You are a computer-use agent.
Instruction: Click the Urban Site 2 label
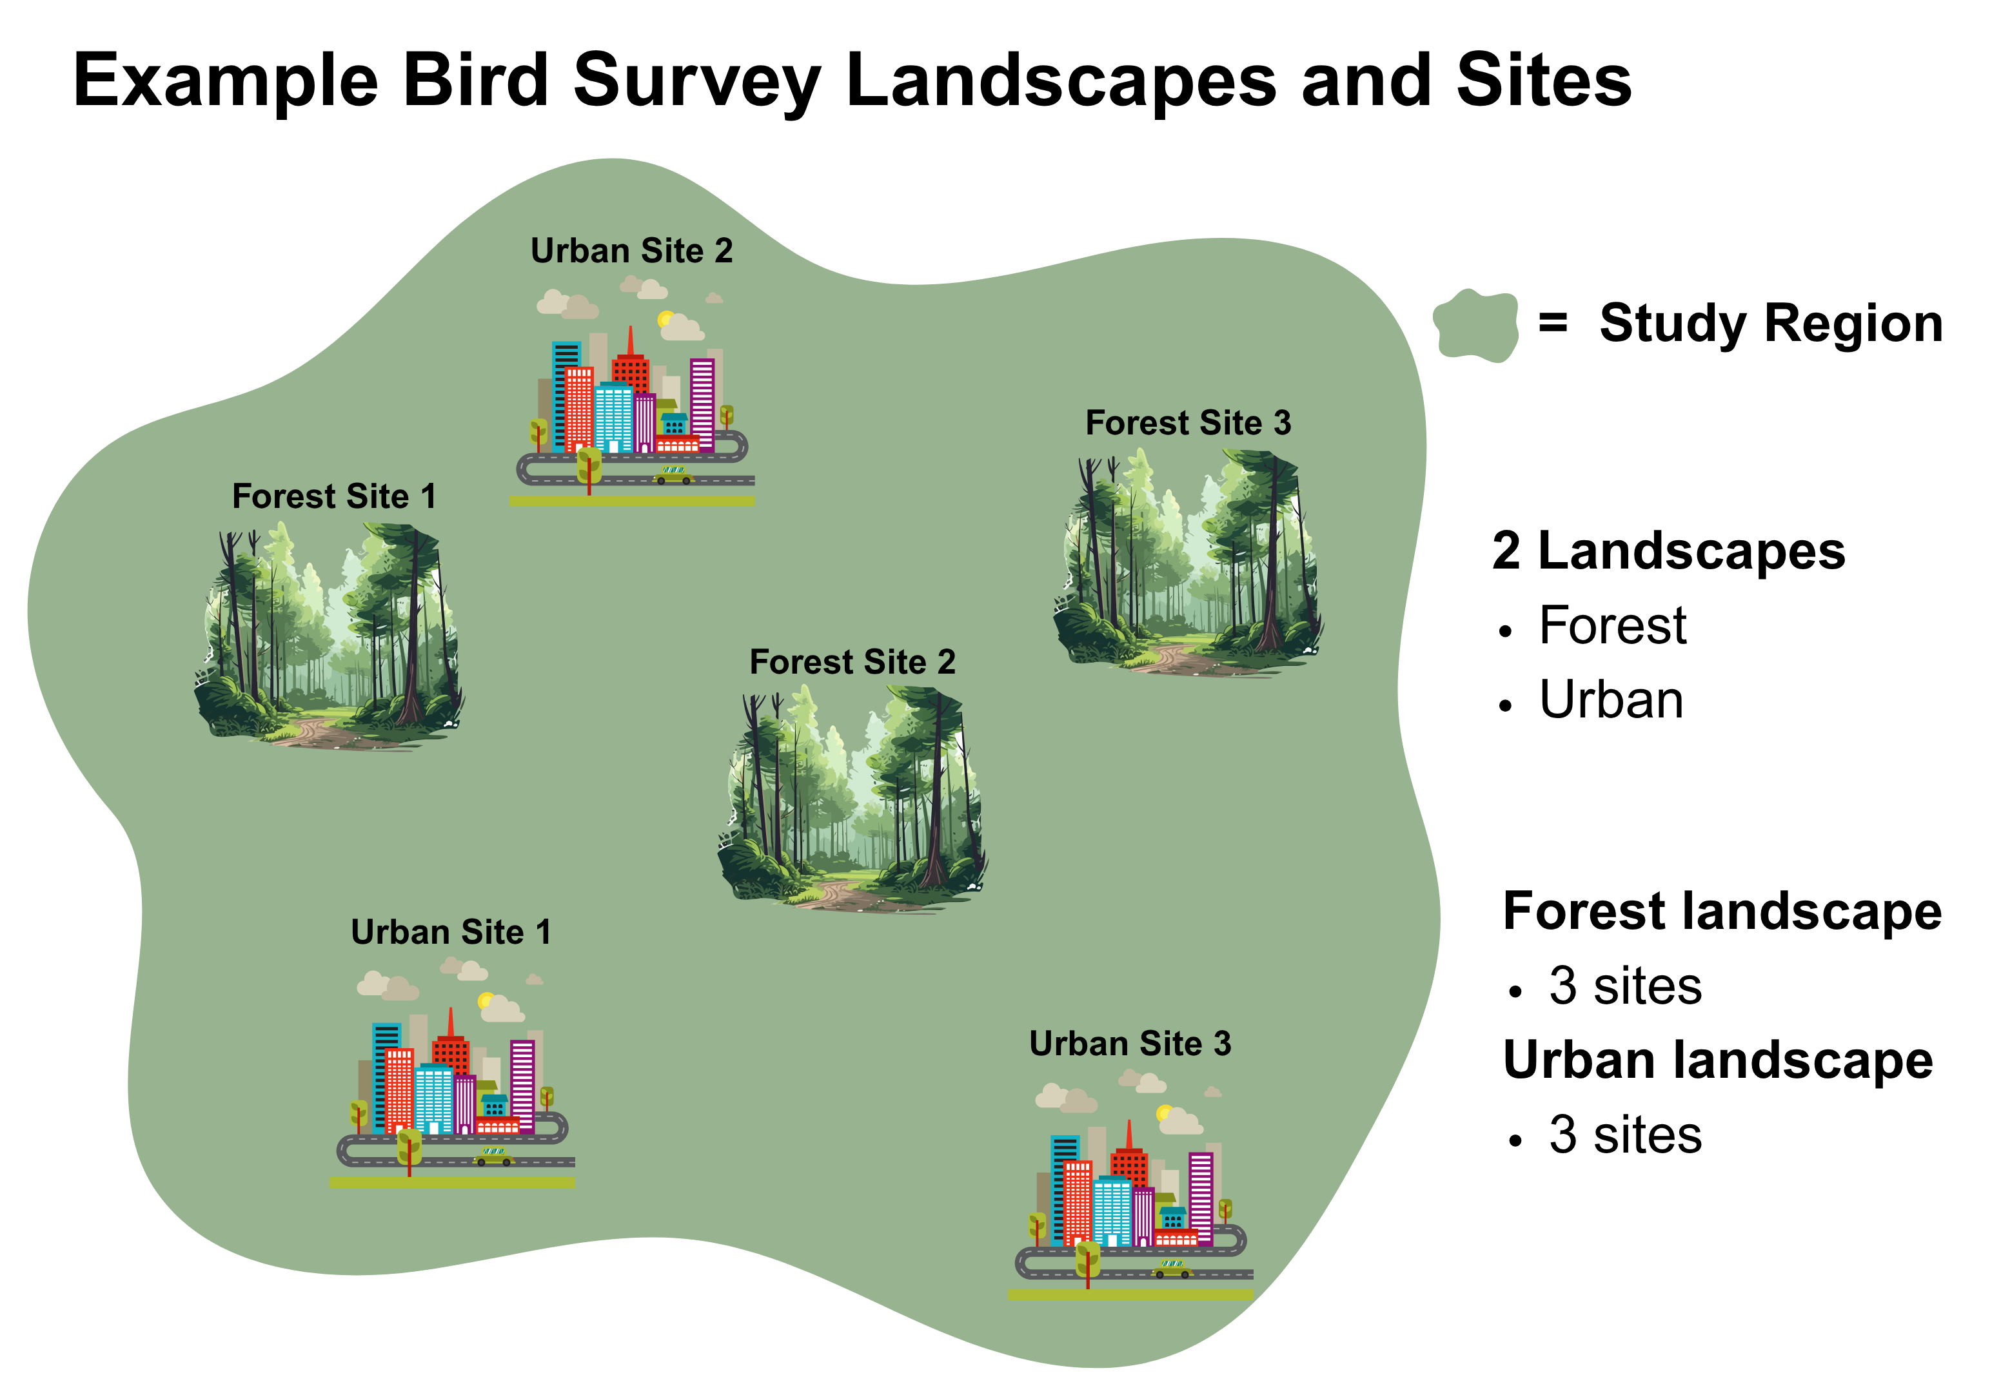pos(631,251)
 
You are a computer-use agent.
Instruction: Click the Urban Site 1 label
pos(450,932)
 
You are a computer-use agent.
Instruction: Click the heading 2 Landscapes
pos(1668,552)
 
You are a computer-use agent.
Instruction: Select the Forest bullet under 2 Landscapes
pos(1612,626)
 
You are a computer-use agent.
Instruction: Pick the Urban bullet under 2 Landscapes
pos(1611,701)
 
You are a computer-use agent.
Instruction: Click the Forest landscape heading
pos(1722,911)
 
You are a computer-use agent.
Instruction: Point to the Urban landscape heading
pos(1717,1060)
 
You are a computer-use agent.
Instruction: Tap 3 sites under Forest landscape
pos(1624,987)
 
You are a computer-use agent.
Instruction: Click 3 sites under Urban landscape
pos(1624,1135)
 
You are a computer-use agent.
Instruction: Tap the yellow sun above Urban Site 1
pos(487,1000)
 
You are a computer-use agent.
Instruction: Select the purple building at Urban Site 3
pos(1201,1196)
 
